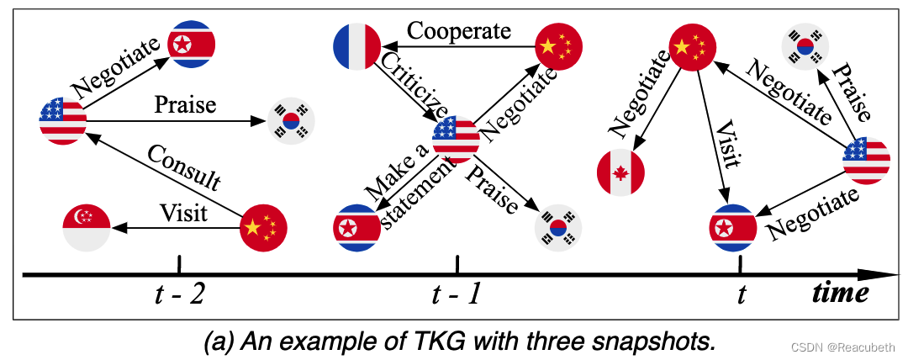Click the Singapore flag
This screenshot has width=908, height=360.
tap(86, 227)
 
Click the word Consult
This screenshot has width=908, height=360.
tap(183, 168)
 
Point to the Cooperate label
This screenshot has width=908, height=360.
tap(459, 31)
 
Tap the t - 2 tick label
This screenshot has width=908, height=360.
tap(178, 295)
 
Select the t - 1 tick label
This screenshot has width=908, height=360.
tap(457, 295)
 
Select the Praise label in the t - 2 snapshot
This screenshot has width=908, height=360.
tap(185, 105)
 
